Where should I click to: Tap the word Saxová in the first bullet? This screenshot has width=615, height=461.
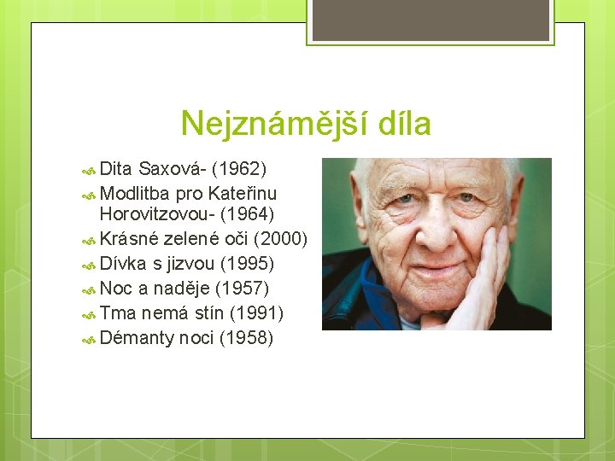tap(172, 168)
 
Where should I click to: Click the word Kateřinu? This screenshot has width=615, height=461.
tap(242, 193)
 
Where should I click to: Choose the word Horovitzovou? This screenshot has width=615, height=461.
tap(155, 213)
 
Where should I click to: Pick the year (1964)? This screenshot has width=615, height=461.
tap(248, 213)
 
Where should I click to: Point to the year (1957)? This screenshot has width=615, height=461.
tap(243, 289)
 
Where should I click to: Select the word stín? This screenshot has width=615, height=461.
tap(209, 313)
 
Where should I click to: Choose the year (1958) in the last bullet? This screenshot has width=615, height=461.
tap(246, 338)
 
